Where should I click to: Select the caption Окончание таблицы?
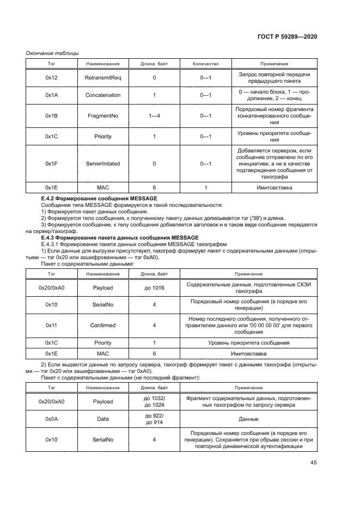click(x=52, y=53)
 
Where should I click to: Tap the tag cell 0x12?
click(x=51, y=78)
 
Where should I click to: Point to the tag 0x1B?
click(x=51, y=115)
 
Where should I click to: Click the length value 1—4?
click(x=154, y=115)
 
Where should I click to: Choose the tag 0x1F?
click(x=51, y=163)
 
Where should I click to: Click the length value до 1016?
click(x=154, y=287)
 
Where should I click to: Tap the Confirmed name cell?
click(x=102, y=325)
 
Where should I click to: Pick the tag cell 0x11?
click(x=51, y=325)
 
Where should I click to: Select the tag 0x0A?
click(x=51, y=420)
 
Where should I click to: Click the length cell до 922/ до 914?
click(x=154, y=420)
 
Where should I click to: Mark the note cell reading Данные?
click(x=249, y=420)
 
